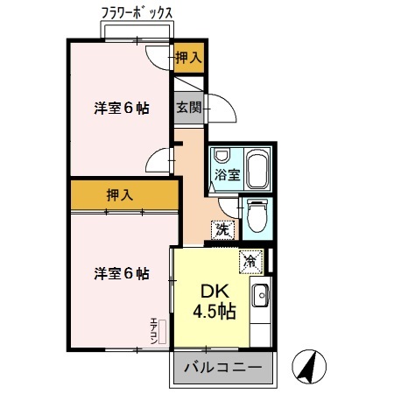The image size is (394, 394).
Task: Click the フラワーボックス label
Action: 136,13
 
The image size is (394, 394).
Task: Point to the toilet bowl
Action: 256,215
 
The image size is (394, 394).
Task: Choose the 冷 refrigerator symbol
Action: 250,260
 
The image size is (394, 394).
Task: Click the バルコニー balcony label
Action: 222,368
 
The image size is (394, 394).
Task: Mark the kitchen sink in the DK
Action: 261,298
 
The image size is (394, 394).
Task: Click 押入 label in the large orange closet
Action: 121,195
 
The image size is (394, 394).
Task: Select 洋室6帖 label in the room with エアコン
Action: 121,273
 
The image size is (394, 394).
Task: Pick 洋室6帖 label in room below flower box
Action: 121,109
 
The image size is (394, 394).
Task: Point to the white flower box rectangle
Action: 137,32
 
